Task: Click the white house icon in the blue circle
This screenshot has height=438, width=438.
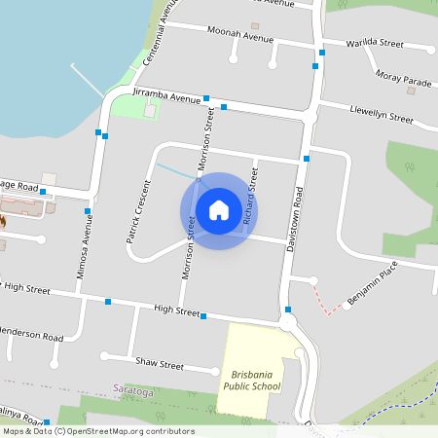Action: pyautogui.click(x=219, y=210)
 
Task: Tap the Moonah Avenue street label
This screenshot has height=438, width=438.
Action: pyautogui.click(x=240, y=37)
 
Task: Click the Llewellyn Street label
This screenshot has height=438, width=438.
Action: pyautogui.click(x=382, y=114)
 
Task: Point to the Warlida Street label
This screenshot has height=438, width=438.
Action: pyautogui.click(x=375, y=43)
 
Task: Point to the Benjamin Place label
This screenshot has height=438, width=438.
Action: pyautogui.click(x=374, y=289)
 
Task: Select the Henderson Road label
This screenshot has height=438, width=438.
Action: pyautogui.click(x=32, y=337)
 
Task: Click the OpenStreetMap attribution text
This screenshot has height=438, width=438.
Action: pyautogui.click(x=97, y=430)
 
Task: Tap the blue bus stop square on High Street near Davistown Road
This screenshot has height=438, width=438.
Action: pyautogui.click(x=288, y=310)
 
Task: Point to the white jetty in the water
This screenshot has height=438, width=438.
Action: pyautogui.click(x=88, y=81)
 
